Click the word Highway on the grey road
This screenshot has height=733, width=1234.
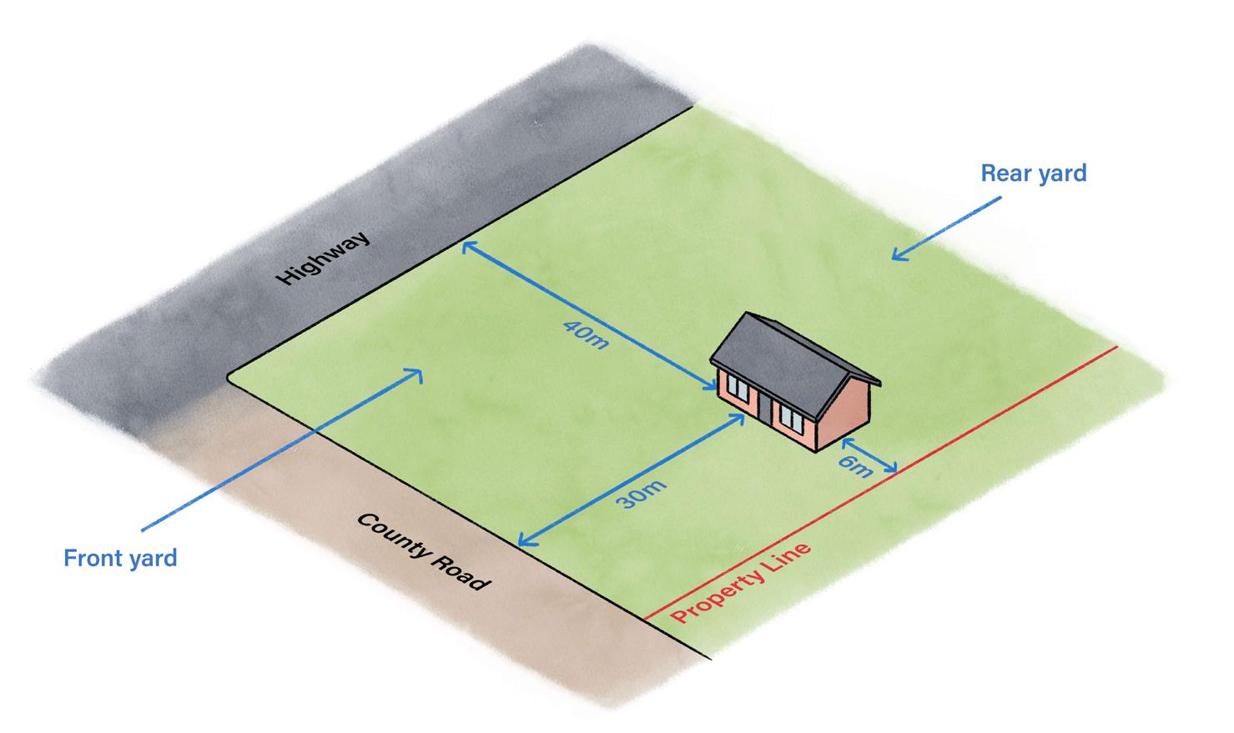click(x=323, y=257)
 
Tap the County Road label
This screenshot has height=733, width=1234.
click(x=423, y=551)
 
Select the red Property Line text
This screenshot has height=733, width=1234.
click(x=741, y=583)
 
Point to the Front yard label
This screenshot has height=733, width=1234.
click(x=120, y=558)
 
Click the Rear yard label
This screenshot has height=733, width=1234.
click(x=1034, y=173)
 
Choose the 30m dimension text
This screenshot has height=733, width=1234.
click(x=641, y=494)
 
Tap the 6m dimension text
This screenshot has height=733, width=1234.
click(x=855, y=467)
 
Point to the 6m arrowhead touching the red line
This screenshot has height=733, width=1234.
click(x=891, y=468)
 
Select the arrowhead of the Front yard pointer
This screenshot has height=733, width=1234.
click(x=416, y=375)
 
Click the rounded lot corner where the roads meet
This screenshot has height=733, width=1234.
click(x=231, y=378)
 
